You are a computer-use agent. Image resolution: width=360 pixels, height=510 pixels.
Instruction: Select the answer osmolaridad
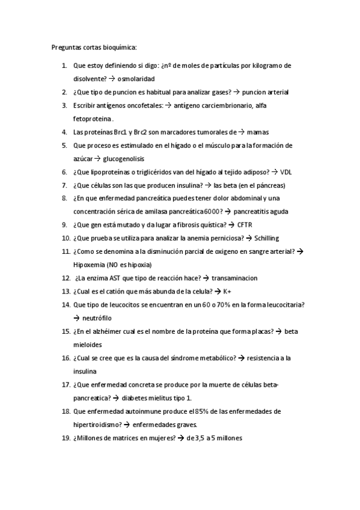click(x=136, y=79)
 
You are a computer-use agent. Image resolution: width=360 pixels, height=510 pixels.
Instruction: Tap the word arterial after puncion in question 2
click(x=277, y=92)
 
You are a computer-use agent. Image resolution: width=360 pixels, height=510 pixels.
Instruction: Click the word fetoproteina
click(x=93, y=118)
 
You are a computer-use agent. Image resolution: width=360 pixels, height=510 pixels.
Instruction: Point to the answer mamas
click(x=257, y=132)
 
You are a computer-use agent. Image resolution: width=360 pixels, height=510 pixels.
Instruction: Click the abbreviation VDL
click(x=287, y=171)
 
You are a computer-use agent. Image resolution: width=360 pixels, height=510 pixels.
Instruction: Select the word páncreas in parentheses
click(x=270, y=185)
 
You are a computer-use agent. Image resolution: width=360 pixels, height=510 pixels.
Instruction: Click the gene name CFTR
click(x=245, y=224)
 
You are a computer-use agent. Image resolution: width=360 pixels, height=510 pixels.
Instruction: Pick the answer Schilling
click(x=266, y=238)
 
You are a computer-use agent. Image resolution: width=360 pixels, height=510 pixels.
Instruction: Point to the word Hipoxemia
click(x=90, y=264)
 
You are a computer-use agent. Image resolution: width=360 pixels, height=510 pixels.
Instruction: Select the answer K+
click(x=227, y=291)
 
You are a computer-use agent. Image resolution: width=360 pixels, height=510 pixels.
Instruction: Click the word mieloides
click(x=88, y=345)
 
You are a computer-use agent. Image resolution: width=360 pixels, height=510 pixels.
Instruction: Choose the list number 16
click(x=65, y=358)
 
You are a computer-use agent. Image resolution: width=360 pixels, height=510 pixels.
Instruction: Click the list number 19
click(x=65, y=438)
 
